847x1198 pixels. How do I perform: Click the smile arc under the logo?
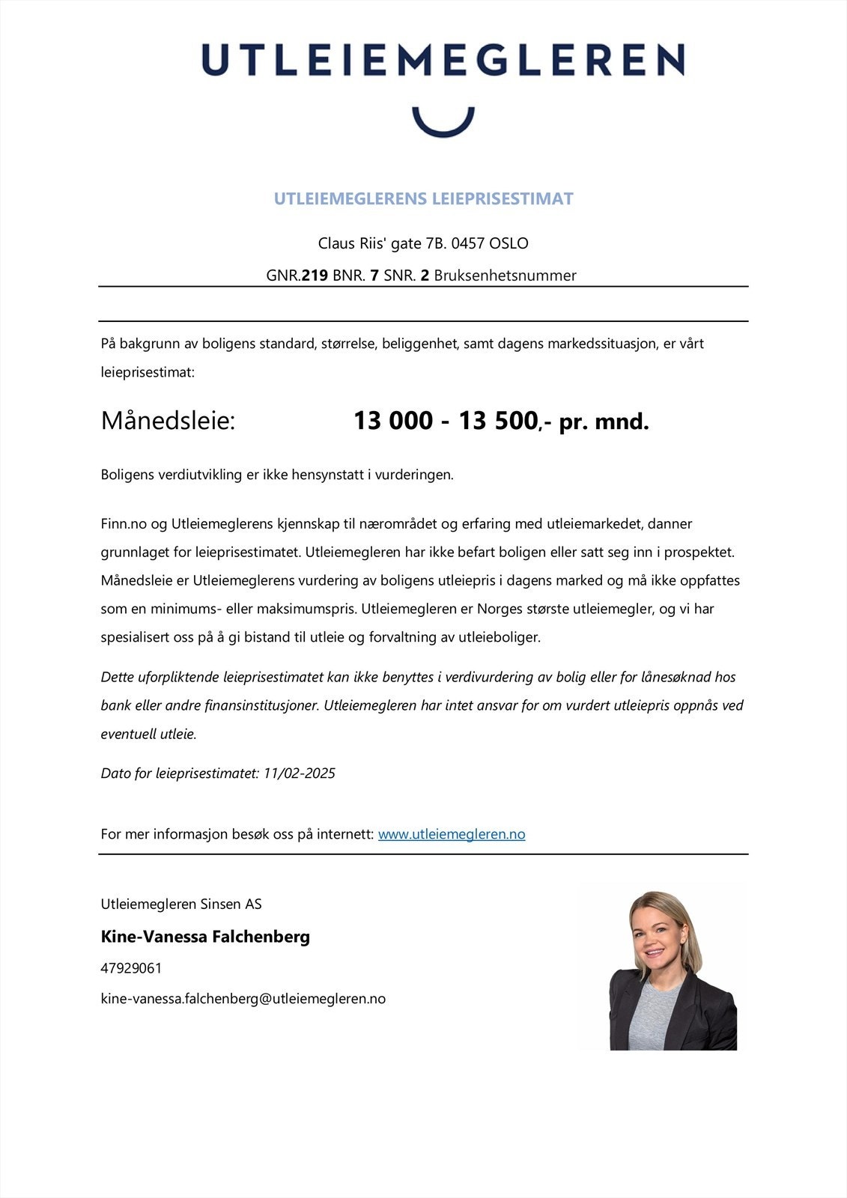(443, 127)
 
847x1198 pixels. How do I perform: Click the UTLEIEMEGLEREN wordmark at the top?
(443, 60)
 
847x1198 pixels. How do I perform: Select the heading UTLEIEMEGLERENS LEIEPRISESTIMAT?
(423, 199)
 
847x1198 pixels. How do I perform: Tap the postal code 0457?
(468, 243)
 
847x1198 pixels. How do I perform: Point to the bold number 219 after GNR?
(315, 276)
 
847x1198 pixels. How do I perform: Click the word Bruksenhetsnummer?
(505, 276)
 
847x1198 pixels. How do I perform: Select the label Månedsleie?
(168, 421)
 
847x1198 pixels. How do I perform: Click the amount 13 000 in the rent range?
(392, 421)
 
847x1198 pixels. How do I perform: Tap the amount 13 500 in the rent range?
(497, 421)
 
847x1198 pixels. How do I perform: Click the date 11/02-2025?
(299, 773)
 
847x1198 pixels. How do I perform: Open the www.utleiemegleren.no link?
(451, 834)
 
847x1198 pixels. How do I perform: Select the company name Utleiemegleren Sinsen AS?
(181, 904)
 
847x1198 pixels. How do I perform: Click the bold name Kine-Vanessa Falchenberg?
(205, 937)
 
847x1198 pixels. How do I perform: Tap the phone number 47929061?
(131, 968)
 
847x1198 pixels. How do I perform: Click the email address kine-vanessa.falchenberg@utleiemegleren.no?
(243, 999)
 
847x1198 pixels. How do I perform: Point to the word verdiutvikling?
(207, 475)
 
